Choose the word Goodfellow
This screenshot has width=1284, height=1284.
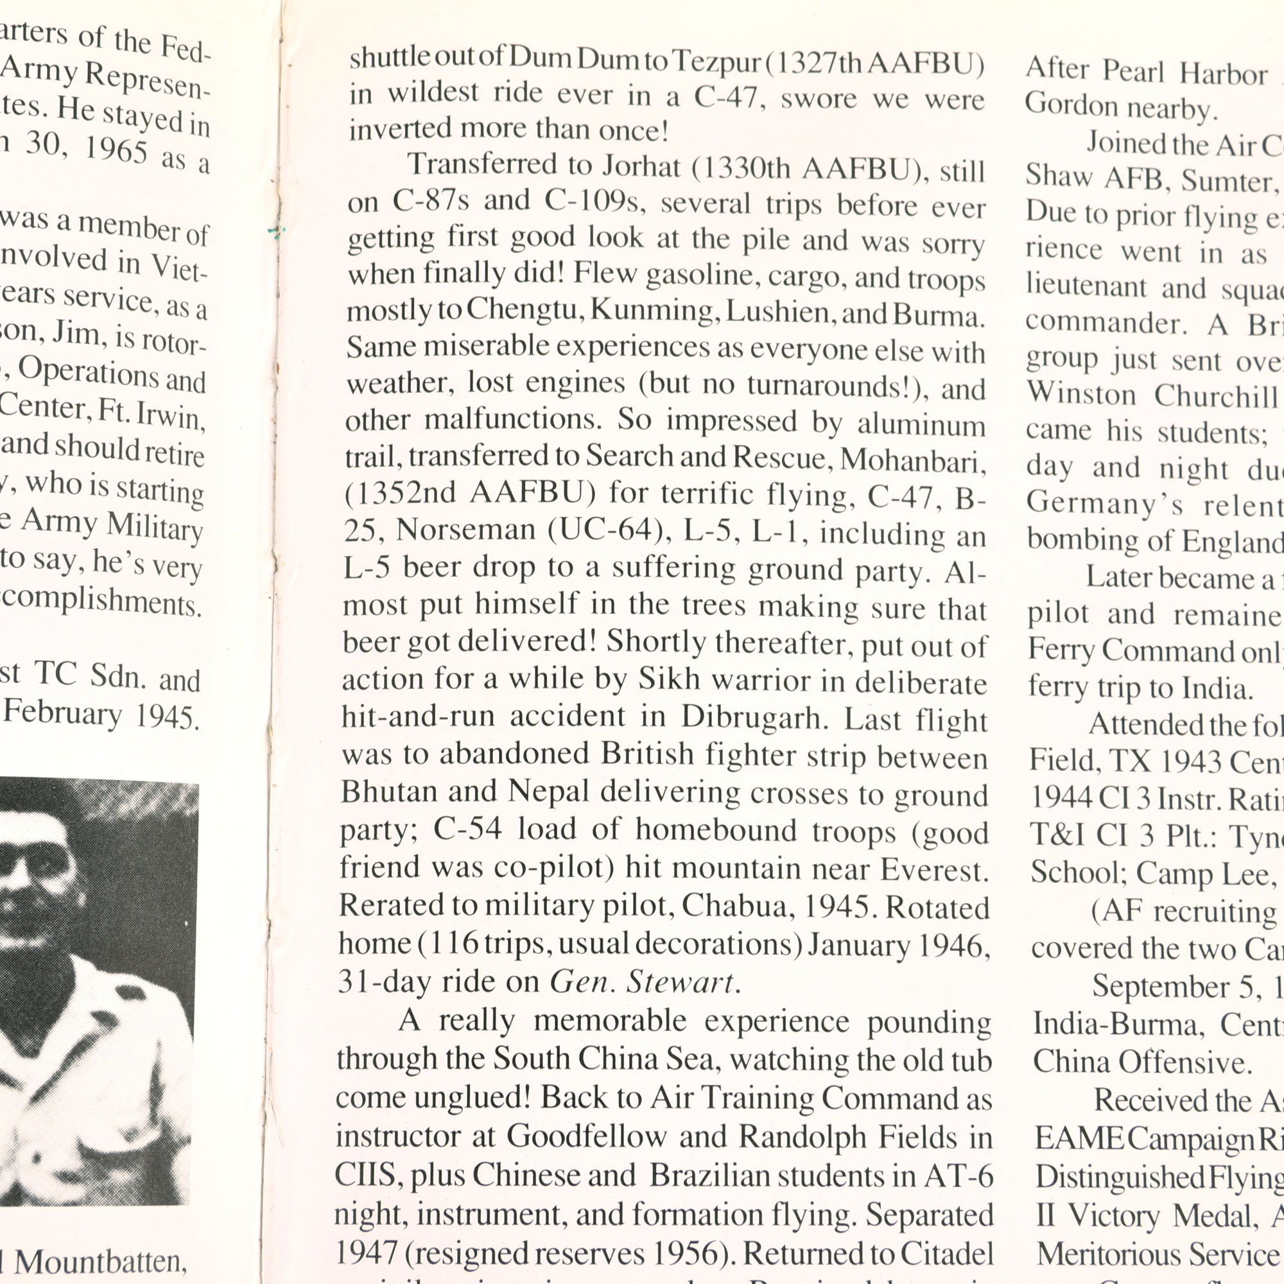[x=586, y=1136]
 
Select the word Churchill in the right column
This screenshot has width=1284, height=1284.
[x=1216, y=396]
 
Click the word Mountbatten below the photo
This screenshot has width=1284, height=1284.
[x=100, y=1262]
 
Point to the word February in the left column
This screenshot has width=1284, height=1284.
[x=63, y=713]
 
